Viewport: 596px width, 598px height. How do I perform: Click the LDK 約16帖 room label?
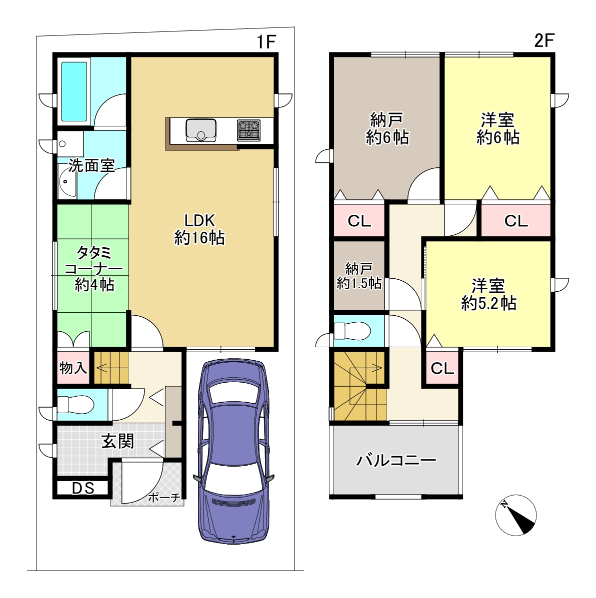(199, 229)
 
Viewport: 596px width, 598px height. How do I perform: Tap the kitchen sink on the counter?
(201, 130)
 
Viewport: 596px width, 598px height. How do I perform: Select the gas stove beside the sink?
(248, 130)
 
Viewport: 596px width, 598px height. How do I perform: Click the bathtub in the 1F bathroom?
(74, 91)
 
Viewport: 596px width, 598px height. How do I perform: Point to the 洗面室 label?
(91, 165)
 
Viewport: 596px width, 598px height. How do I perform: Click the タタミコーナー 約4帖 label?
(94, 268)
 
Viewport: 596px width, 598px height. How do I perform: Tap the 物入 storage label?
(73, 368)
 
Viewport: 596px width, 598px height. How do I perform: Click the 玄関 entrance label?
(117, 441)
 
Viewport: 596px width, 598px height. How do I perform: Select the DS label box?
(83, 488)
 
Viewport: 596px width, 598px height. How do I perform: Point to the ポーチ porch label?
(164, 497)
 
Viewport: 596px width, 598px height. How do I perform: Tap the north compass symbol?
(516, 515)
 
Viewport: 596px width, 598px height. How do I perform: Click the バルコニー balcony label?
(396, 461)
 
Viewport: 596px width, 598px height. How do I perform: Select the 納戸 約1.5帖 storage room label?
(359, 276)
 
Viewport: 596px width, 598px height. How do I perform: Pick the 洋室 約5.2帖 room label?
(488, 294)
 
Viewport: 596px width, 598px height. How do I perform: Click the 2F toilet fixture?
(352, 331)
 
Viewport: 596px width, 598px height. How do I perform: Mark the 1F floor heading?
(265, 41)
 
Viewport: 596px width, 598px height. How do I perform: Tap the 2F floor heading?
(544, 40)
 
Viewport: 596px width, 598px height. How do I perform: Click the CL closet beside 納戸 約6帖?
(359, 221)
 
